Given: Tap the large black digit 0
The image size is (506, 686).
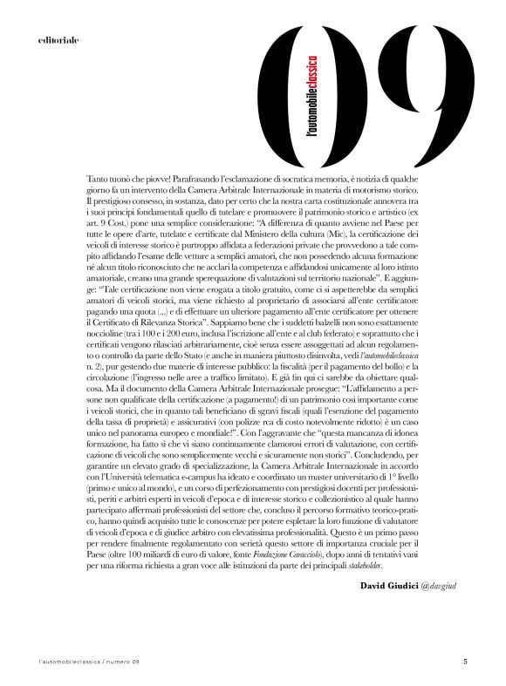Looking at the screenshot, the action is pos(296,92).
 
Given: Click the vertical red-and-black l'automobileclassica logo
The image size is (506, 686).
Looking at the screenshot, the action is pos(312,96).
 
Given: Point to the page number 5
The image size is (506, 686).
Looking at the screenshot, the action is pos(465,661).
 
